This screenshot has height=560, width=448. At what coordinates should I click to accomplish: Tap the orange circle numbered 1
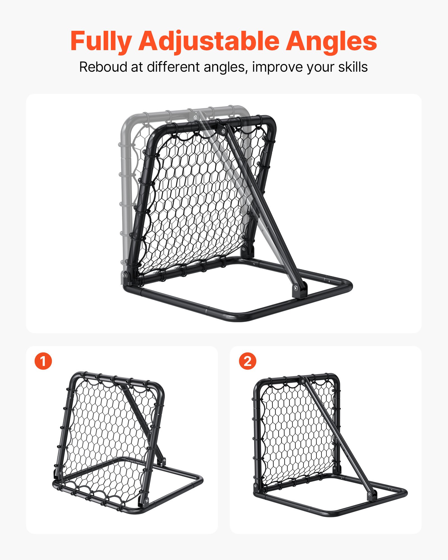tap(43, 361)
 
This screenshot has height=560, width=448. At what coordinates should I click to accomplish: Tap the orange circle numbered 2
tap(247, 361)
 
